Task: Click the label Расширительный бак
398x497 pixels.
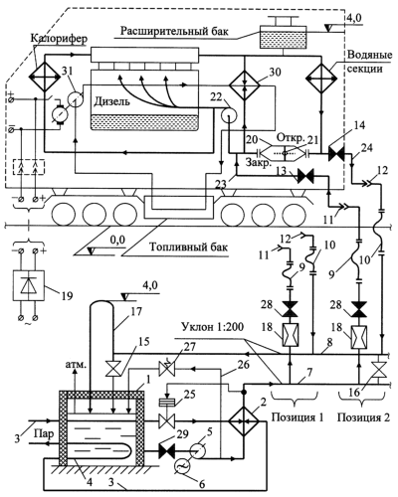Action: tap(174, 31)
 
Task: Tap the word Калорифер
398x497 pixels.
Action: tap(60, 38)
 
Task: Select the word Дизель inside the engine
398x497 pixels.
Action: tap(111, 101)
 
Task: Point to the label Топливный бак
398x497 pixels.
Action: tap(189, 248)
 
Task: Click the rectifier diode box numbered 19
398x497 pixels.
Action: tap(28, 285)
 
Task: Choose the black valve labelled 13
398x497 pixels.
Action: tap(305, 176)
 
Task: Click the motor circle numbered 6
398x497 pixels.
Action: tap(181, 467)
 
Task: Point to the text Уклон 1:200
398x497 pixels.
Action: tap(212, 328)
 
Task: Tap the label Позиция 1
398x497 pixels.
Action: tap(298, 417)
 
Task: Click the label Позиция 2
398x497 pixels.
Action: tap(363, 417)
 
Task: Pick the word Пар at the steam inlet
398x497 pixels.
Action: tap(44, 433)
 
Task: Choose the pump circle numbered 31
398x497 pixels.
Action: tap(76, 98)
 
